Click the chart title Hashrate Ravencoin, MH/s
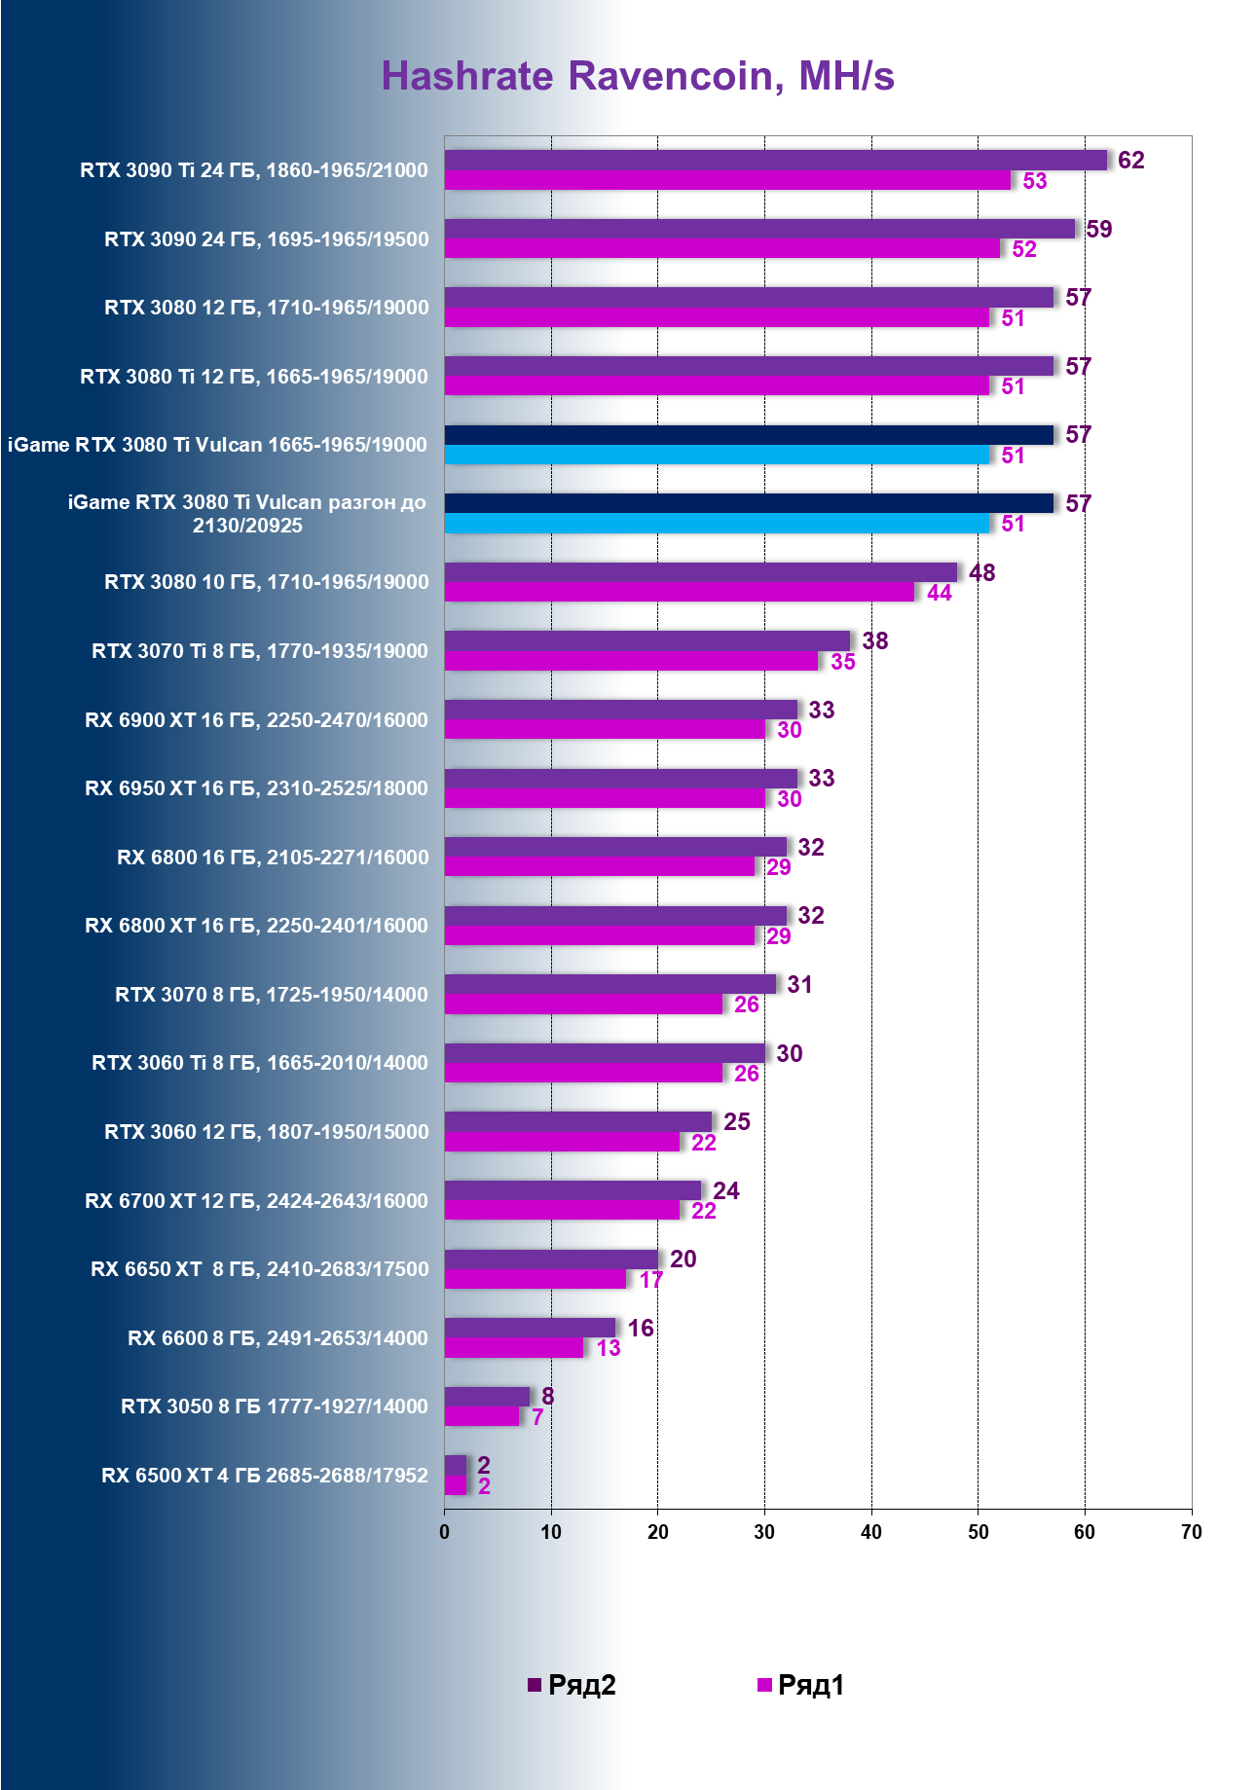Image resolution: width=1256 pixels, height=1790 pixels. (637, 76)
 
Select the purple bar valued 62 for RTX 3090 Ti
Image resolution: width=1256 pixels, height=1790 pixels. (776, 161)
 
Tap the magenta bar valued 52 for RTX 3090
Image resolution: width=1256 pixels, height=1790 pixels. (722, 249)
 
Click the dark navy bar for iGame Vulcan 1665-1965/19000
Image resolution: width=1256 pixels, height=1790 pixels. (749, 435)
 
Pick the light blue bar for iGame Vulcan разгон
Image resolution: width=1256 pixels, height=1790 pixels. (717, 524)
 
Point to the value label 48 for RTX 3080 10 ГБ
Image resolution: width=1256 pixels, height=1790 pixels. (981, 572)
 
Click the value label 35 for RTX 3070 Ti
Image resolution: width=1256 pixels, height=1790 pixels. (843, 662)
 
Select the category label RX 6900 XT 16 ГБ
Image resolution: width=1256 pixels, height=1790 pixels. (256, 720)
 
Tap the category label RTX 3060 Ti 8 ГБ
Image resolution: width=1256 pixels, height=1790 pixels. (260, 1063)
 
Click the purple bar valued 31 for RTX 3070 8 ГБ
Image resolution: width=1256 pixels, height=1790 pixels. (610, 984)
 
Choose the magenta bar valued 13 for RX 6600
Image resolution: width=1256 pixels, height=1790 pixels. (514, 1348)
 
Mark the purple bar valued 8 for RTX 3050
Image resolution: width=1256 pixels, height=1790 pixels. (487, 1397)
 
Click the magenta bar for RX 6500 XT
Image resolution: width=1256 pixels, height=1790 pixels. (456, 1485)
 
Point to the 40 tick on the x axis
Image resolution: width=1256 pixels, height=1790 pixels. (871, 1532)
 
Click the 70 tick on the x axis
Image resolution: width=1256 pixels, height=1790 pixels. (1191, 1532)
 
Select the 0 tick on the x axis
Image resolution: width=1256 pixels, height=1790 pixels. (445, 1532)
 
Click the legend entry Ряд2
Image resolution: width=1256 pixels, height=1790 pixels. (573, 1685)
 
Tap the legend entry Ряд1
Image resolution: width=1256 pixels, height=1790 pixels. (801, 1685)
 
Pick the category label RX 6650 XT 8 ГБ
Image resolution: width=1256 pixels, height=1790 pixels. (260, 1269)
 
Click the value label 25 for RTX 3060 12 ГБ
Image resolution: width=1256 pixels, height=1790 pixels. (737, 1122)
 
